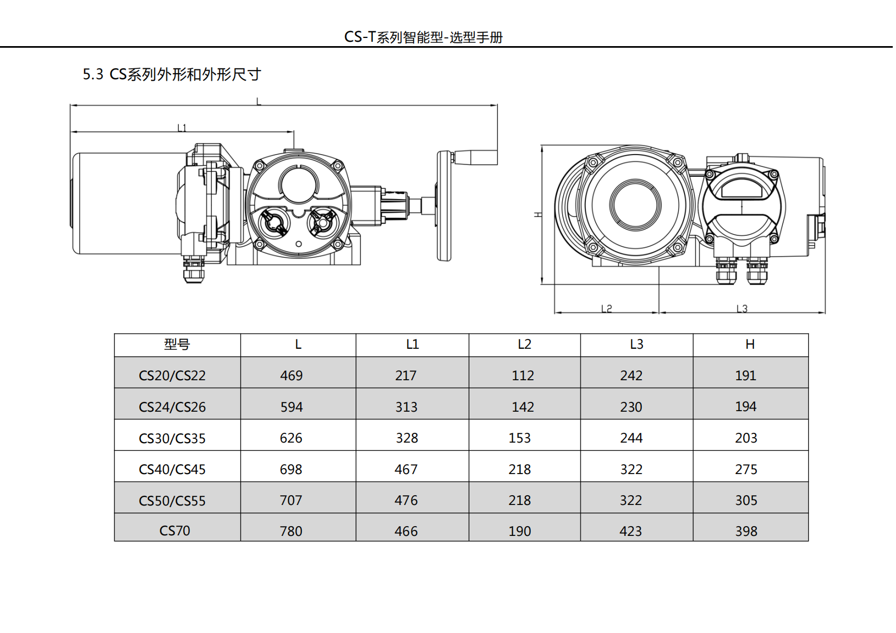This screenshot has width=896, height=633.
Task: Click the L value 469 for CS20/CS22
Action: point(291,375)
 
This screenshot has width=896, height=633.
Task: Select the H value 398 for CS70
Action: point(746,532)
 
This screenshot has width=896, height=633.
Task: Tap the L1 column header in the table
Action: point(412,344)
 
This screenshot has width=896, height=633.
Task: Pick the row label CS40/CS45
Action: point(172,469)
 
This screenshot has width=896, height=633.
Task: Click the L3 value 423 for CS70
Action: point(631,532)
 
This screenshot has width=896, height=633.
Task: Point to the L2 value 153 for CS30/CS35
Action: point(520,438)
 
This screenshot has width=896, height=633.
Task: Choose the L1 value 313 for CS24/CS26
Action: point(407,407)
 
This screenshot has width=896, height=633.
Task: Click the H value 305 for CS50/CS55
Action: point(746,501)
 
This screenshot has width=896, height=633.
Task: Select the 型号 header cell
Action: point(177,344)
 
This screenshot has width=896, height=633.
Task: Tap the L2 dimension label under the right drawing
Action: point(607,309)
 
